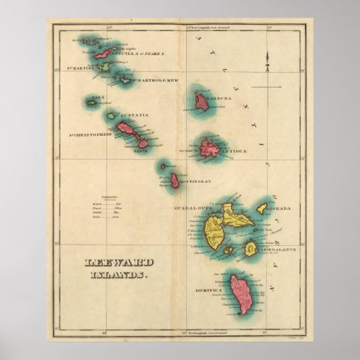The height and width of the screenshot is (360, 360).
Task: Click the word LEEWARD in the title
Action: pyautogui.click(x=109, y=263)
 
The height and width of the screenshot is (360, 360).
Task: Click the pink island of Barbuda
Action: pyautogui.click(x=201, y=101)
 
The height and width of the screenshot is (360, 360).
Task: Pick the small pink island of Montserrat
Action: pyautogui.click(x=175, y=181)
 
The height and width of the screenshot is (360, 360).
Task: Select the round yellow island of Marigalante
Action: pyautogui.click(x=251, y=249)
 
